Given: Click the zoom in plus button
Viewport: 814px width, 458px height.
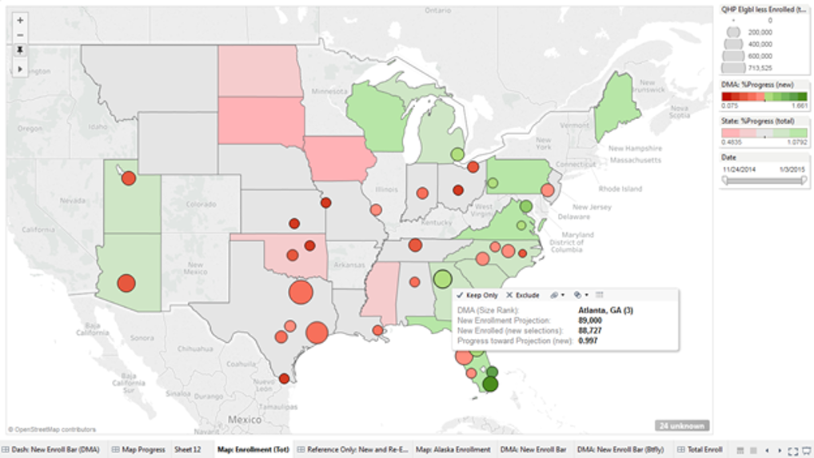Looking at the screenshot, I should [20, 19].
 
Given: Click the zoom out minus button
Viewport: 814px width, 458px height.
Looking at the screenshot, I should [20, 34].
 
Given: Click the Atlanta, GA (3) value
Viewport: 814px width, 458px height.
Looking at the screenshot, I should [605, 310].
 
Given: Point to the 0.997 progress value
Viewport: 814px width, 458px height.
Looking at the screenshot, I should [588, 341].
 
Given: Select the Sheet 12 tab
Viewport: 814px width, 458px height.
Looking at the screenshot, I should [188, 450].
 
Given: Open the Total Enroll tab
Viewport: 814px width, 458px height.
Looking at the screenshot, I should [704, 450].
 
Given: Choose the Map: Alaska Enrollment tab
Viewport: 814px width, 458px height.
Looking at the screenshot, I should [453, 450].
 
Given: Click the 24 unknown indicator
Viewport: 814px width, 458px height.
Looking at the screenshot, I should [681, 426].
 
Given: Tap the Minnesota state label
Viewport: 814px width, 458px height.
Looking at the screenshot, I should [329, 91].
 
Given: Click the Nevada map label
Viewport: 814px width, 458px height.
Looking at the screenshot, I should [73, 201].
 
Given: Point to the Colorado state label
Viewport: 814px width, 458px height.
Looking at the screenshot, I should [201, 204].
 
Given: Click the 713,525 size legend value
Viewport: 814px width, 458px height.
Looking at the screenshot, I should [760, 68].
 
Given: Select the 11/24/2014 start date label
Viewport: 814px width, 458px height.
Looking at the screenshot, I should [740, 169].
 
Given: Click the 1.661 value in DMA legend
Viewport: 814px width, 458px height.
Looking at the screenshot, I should [799, 106].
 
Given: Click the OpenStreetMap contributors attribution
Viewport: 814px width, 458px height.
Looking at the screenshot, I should [52, 429].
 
